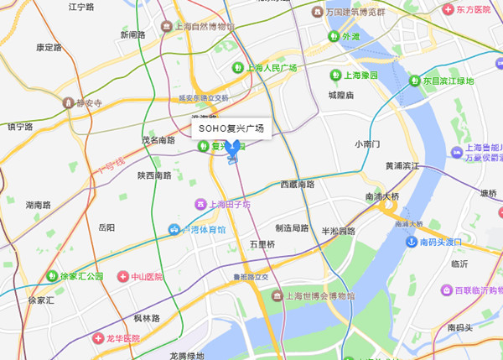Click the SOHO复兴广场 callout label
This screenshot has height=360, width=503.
[x=228, y=128]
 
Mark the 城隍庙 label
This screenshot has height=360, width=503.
[x=342, y=96]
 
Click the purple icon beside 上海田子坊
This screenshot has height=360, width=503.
[x=200, y=203]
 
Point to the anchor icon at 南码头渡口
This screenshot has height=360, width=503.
[x=412, y=243]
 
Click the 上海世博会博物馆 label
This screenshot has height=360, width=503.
[x=318, y=296]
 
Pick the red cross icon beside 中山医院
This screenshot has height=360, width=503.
[x=123, y=276]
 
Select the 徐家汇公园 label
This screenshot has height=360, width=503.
[x=81, y=276]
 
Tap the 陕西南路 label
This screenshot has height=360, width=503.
[x=154, y=175]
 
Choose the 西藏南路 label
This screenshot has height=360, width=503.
[x=298, y=184]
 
